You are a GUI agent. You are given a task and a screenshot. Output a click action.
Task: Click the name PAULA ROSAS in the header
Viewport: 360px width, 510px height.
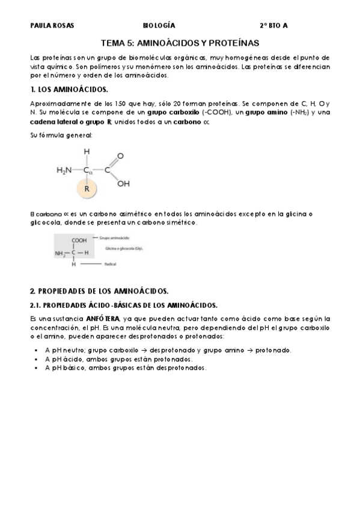[48, 26]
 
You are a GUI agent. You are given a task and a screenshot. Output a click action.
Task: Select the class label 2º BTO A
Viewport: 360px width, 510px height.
[273, 26]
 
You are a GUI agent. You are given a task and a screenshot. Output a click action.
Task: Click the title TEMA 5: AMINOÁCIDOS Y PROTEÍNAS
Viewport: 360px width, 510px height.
[180, 43]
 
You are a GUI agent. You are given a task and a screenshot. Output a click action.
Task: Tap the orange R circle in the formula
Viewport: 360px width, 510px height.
[87, 189]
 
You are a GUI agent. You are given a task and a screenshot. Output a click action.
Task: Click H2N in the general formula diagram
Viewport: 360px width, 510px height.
[64, 170]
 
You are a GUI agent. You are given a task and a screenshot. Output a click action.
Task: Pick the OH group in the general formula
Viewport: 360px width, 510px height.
[123, 184]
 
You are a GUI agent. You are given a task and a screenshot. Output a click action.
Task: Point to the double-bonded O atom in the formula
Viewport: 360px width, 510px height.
[120, 156]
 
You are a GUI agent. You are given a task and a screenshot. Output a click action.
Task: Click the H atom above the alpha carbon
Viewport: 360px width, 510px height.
[87, 152]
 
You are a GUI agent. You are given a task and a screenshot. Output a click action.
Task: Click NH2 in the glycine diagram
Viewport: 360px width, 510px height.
[62, 253]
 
